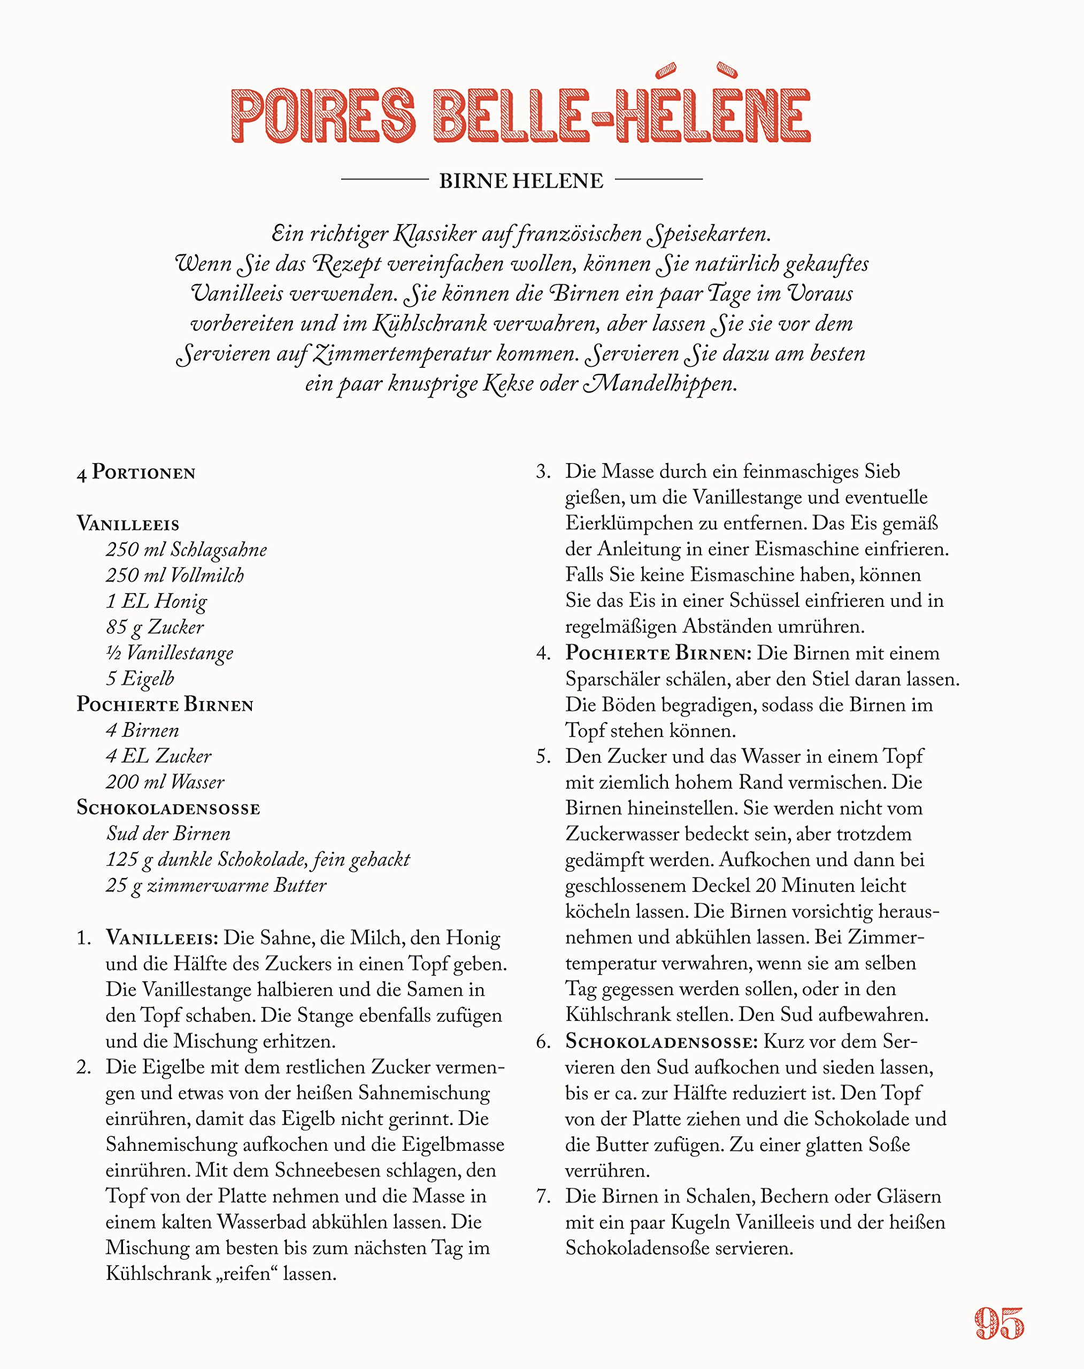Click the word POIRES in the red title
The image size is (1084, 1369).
(x=323, y=116)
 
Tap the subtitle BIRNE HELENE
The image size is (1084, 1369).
(x=521, y=181)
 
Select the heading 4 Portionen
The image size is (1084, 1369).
(x=136, y=473)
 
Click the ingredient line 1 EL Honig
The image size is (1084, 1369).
(x=156, y=601)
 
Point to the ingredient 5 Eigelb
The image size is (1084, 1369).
(x=140, y=679)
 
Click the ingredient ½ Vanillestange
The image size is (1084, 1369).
(x=170, y=652)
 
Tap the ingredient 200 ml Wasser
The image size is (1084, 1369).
(x=165, y=782)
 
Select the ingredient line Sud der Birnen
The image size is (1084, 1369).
(x=168, y=833)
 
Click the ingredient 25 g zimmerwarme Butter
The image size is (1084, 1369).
(x=216, y=886)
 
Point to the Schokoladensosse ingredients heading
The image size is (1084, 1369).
(x=168, y=808)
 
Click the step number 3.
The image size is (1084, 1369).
(x=543, y=472)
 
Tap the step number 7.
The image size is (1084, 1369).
(x=543, y=1196)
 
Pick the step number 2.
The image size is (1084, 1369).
(x=84, y=1067)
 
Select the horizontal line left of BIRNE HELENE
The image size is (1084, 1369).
(x=385, y=180)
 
